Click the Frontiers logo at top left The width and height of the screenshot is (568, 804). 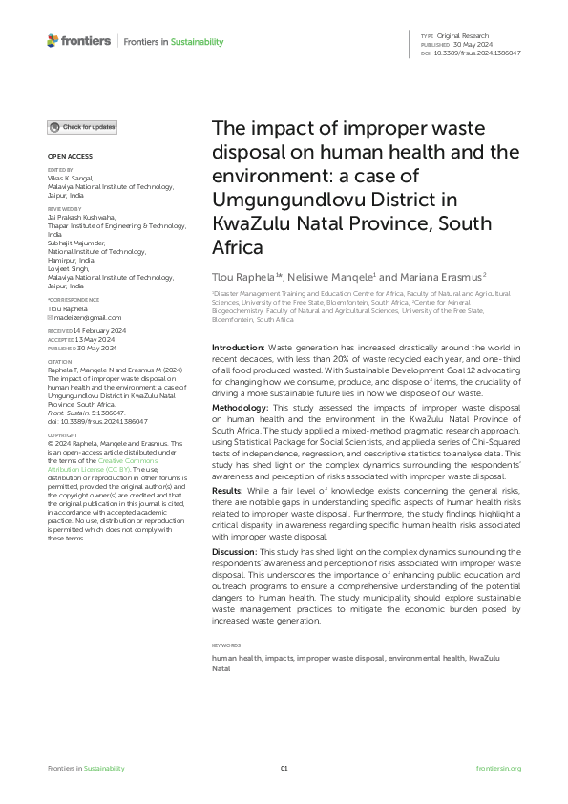78,42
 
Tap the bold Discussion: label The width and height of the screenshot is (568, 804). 238,552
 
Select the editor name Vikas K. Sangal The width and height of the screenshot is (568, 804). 73,178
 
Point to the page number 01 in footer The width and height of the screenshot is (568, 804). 284,768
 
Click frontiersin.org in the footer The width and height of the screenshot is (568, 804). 498,768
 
